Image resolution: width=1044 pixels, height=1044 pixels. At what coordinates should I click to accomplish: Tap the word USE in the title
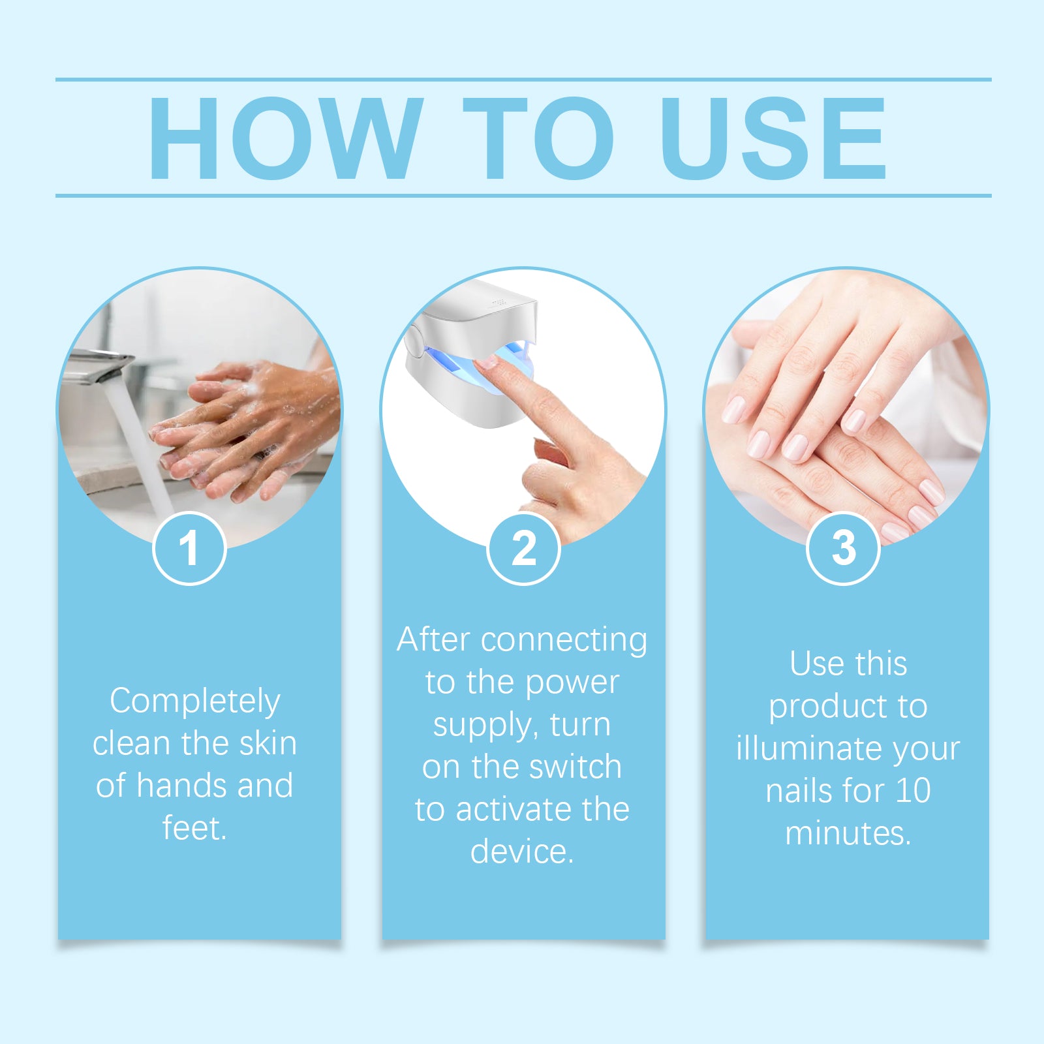(x=773, y=138)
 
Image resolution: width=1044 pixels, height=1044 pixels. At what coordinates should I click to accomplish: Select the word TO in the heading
(x=538, y=138)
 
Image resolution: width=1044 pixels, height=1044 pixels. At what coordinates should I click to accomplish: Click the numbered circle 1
(x=189, y=548)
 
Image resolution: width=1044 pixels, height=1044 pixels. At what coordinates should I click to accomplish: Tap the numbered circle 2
(x=523, y=548)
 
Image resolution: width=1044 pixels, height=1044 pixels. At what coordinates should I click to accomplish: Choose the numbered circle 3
(x=843, y=548)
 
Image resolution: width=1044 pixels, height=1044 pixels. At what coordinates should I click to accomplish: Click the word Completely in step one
(x=195, y=701)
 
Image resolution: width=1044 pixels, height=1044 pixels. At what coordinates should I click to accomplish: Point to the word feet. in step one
(x=194, y=828)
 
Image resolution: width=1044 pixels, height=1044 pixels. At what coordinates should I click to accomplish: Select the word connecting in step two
(x=564, y=640)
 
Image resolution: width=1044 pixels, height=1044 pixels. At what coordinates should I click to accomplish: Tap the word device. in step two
(x=522, y=852)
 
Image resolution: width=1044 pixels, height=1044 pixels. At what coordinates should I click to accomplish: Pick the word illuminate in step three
(x=808, y=748)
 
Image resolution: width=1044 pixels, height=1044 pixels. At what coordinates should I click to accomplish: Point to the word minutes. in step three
(x=848, y=833)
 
